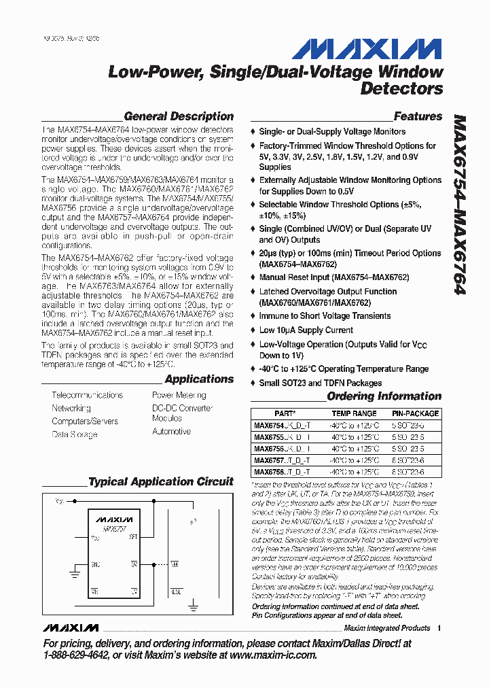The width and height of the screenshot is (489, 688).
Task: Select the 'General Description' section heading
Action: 179,116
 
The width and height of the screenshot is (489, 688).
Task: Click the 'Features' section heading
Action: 418,116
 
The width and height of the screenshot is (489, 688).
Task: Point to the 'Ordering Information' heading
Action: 384,396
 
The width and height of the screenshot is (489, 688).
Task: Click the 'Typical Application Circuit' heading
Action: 161,482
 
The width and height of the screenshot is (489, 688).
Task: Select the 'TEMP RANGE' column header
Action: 354,413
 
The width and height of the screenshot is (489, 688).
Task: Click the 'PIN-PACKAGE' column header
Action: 415,413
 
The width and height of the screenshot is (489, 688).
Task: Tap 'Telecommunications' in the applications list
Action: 87,395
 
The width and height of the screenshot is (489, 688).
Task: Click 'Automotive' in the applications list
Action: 171,432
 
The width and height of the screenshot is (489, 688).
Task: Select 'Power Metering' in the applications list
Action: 179,395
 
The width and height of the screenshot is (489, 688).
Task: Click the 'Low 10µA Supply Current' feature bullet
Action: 306,330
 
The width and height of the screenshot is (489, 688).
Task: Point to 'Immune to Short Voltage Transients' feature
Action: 325,316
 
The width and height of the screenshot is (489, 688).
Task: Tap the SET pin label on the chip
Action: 133,537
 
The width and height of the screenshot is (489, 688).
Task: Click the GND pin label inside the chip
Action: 96,564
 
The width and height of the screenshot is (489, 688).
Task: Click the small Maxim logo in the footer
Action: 70,627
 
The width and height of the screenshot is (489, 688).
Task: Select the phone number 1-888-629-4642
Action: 75,655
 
